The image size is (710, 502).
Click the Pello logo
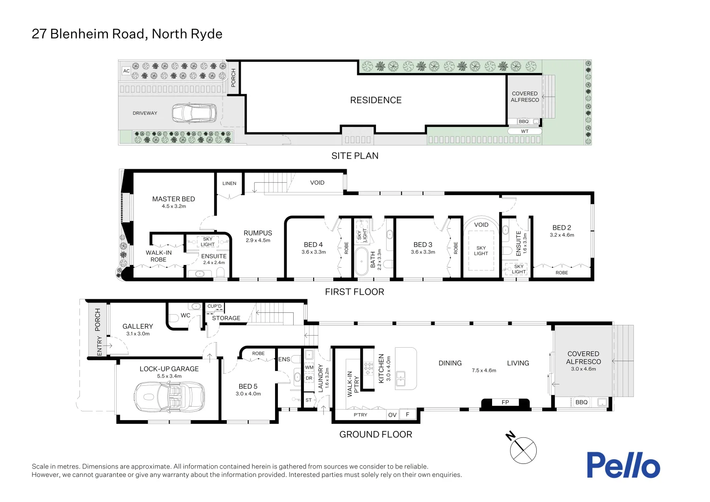623,465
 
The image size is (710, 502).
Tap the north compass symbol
523,449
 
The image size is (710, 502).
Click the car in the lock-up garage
169,396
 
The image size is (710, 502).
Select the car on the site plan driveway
194,113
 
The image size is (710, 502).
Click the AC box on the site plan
126,71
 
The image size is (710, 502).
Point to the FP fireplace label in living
505,403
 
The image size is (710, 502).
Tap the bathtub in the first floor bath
361,262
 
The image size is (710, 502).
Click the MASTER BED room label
173,199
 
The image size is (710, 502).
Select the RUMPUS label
258,233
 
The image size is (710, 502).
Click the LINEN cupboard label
229,184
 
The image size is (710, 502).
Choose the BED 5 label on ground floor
248,386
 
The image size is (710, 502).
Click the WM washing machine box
309,367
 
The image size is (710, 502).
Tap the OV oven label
392,415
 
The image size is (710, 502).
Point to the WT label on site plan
525,132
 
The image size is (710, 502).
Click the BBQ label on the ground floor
581,403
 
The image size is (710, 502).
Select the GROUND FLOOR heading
375,435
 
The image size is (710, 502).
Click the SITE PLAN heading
355,156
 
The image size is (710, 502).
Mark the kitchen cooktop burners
368,369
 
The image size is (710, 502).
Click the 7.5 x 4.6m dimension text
484,370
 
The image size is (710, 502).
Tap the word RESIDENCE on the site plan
375,100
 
